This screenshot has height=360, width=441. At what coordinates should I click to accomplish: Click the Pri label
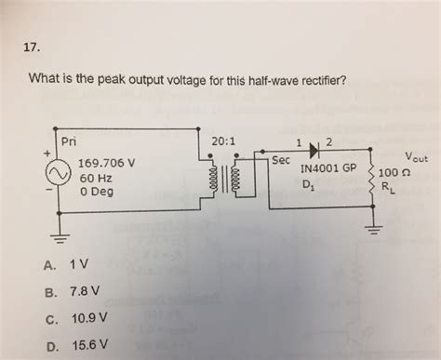68,141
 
